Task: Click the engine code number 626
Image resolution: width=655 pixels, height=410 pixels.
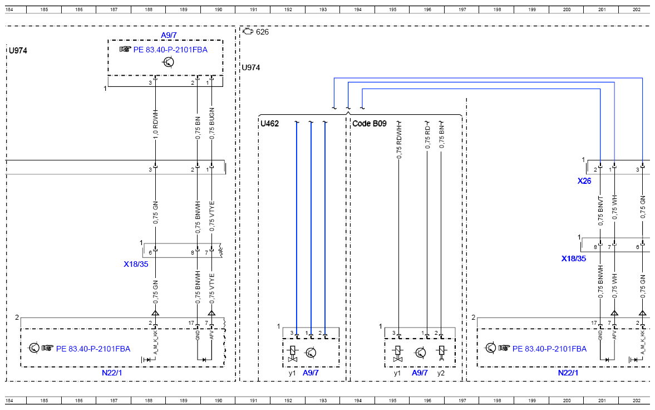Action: (x=262, y=32)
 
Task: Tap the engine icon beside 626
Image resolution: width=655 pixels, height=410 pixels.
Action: (x=248, y=31)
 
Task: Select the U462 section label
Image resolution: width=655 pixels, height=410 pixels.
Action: (x=269, y=124)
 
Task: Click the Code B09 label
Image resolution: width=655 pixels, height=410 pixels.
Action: (x=370, y=124)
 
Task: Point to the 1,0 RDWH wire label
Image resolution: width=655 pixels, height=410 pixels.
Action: (x=155, y=124)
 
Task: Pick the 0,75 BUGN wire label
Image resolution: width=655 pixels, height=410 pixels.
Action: (x=212, y=124)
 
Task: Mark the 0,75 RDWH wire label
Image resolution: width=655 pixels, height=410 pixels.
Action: (x=399, y=141)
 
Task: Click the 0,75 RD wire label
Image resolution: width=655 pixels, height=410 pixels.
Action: (x=427, y=137)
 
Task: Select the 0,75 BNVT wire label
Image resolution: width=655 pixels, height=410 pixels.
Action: (x=600, y=211)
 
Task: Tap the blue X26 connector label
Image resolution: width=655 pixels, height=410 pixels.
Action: (x=584, y=181)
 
